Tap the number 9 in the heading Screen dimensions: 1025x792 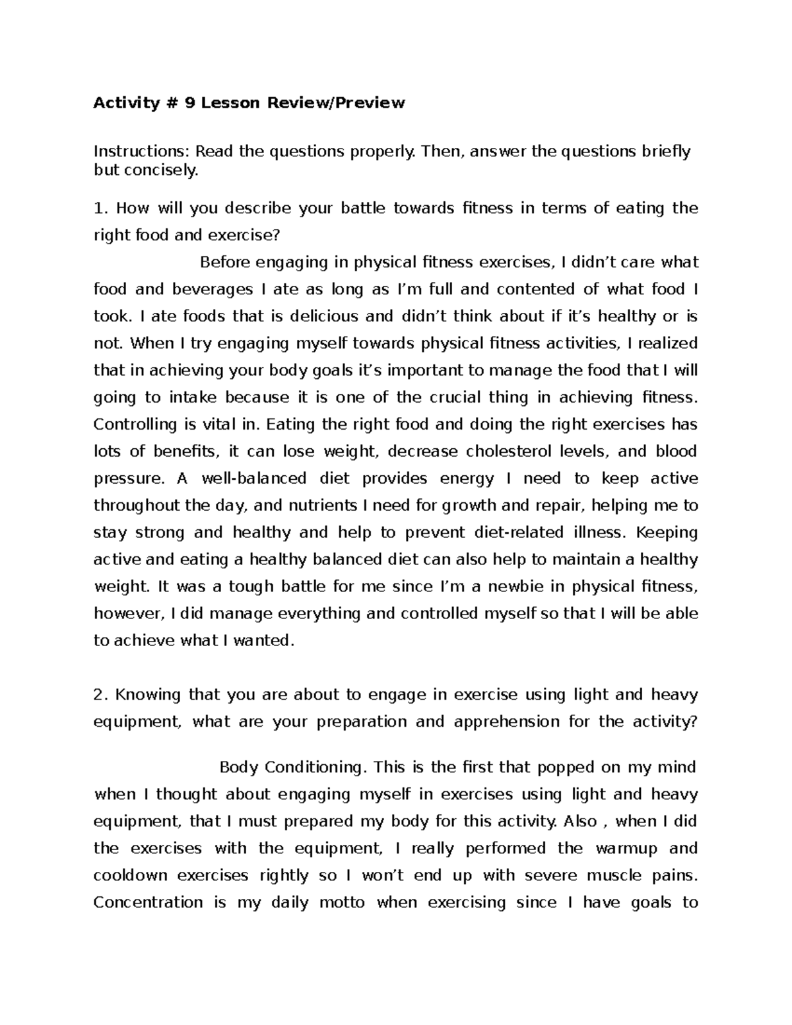(189, 103)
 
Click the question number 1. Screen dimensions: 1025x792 (100, 209)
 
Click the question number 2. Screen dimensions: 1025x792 (100, 695)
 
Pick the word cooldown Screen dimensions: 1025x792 (130, 876)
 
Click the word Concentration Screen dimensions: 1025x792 (148, 903)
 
